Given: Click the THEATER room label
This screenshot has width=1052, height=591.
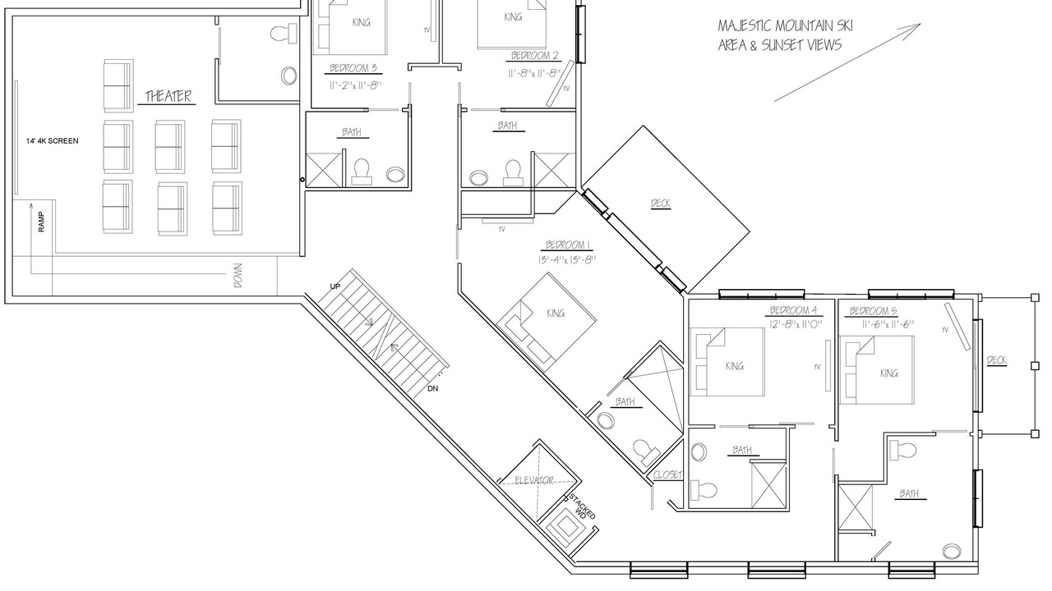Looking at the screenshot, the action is [x=168, y=96].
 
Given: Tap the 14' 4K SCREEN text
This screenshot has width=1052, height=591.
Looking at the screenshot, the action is [x=52, y=140].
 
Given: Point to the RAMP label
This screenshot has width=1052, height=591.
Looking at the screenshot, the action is [x=41, y=222].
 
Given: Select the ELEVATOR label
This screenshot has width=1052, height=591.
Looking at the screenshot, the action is [x=534, y=480].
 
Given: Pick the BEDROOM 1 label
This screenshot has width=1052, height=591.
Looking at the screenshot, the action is [x=568, y=245].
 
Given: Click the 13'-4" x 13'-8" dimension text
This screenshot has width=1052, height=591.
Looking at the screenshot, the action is [x=567, y=259].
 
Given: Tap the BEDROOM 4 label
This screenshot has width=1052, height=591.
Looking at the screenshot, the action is [x=794, y=310].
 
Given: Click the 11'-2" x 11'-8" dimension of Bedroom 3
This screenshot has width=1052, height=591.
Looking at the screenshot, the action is [x=355, y=85].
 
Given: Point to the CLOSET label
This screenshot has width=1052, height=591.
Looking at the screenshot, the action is [x=667, y=475].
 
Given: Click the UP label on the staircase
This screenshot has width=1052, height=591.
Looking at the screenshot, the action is [x=335, y=286].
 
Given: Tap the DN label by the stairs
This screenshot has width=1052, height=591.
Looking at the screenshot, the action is [x=432, y=389].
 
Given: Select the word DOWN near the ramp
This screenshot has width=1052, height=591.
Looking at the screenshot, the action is [x=238, y=275].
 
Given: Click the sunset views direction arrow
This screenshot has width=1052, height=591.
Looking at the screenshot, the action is [x=847, y=62].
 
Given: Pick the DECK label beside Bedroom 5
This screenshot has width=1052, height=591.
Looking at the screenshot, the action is [x=997, y=360].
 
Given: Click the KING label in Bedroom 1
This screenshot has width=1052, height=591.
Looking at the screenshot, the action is [x=555, y=314].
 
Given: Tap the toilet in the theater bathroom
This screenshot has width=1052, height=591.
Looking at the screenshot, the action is [x=284, y=34].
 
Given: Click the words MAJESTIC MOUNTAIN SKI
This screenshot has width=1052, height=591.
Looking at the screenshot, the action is [x=785, y=25].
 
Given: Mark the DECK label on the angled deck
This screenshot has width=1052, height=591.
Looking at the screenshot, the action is [x=661, y=204].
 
